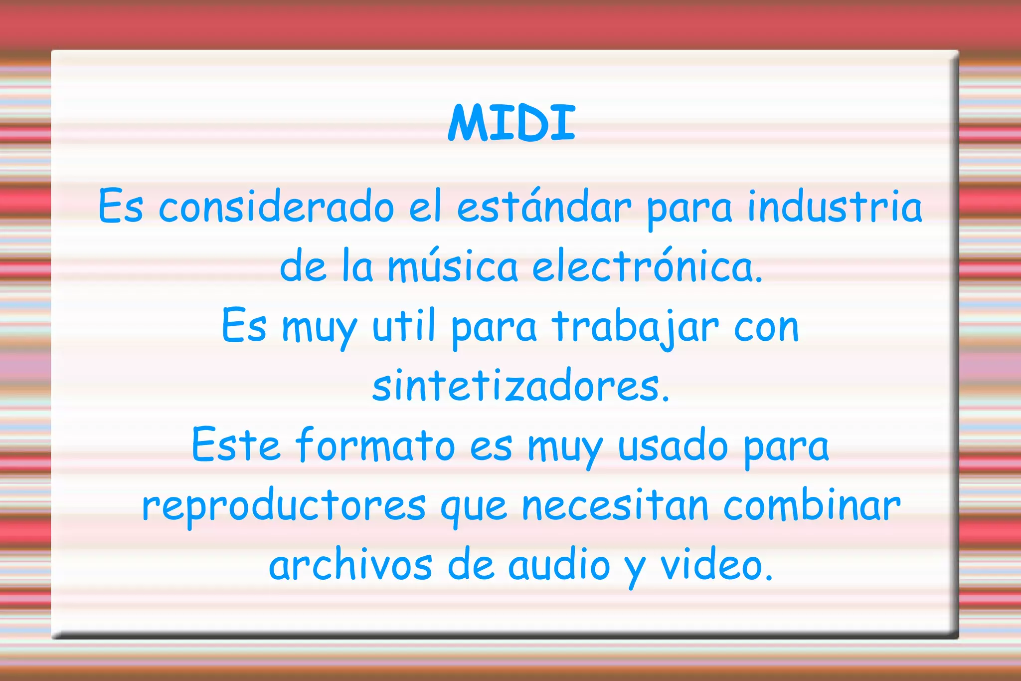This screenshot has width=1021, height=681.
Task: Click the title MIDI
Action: [x=512, y=123]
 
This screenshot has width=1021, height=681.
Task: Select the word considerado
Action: [x=276, y=207]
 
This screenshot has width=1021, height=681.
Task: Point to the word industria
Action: [x=835, y=207]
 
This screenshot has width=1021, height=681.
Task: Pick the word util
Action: [x=404, y=326]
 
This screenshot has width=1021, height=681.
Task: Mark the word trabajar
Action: [x=635, y=327]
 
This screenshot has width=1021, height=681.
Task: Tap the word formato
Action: [x=375, y=445]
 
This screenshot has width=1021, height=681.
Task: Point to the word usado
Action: [x=673, y=446]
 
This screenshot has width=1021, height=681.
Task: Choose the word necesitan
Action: [x=615, y=506]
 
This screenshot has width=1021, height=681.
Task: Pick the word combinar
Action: [x=812, y=505]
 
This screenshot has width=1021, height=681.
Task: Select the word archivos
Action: [x=350, y=565]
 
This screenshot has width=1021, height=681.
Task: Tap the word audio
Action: [x=559, y=565]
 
